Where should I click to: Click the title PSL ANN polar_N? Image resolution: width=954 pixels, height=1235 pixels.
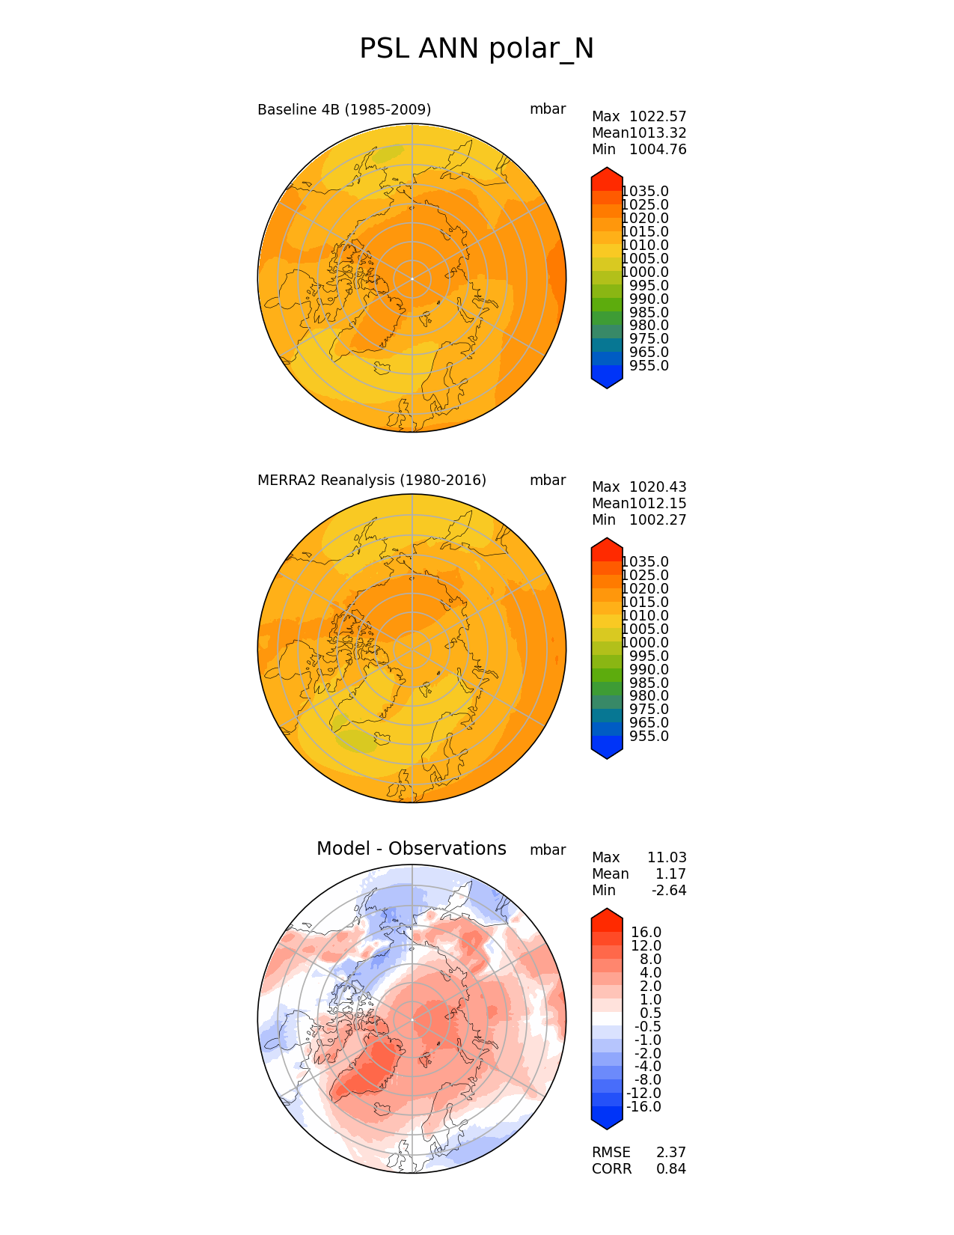coord(477,49)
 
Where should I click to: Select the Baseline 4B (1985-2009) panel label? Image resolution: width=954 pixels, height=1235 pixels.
coord(344,110)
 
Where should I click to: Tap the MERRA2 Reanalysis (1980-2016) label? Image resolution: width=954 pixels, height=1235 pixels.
coord(372,481)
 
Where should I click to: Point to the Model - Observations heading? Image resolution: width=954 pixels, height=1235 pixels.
coord(411,849)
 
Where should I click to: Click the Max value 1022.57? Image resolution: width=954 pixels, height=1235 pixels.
coord(658,117)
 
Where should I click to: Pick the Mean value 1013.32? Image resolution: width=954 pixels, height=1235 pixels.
coord(658,133)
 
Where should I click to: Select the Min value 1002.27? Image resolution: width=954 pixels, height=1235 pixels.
coord(658,520)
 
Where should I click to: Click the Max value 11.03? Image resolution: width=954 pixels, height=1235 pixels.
coord(667,858)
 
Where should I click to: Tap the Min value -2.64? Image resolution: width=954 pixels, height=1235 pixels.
coord(669,891)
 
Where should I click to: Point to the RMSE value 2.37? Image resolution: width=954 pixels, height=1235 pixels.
coord(671,1153)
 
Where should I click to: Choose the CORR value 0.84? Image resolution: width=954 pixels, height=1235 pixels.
coord(671,1169)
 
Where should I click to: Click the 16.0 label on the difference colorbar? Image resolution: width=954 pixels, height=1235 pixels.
coord(646,933)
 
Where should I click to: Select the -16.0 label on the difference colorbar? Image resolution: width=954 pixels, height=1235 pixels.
coord(643,1107)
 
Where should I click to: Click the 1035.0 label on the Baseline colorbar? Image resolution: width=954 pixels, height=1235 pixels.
coord(645,192)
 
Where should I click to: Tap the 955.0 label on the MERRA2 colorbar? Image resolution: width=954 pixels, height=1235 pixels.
coord(649,737)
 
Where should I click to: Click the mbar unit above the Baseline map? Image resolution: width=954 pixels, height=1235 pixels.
coord(548,109)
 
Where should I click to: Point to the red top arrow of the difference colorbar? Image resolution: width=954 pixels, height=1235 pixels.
coord(607,917)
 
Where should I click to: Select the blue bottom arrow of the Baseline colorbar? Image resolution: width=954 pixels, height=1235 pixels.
coord(607,379)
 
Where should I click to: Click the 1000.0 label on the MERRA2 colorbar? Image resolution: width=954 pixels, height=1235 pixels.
coord(645,643)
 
